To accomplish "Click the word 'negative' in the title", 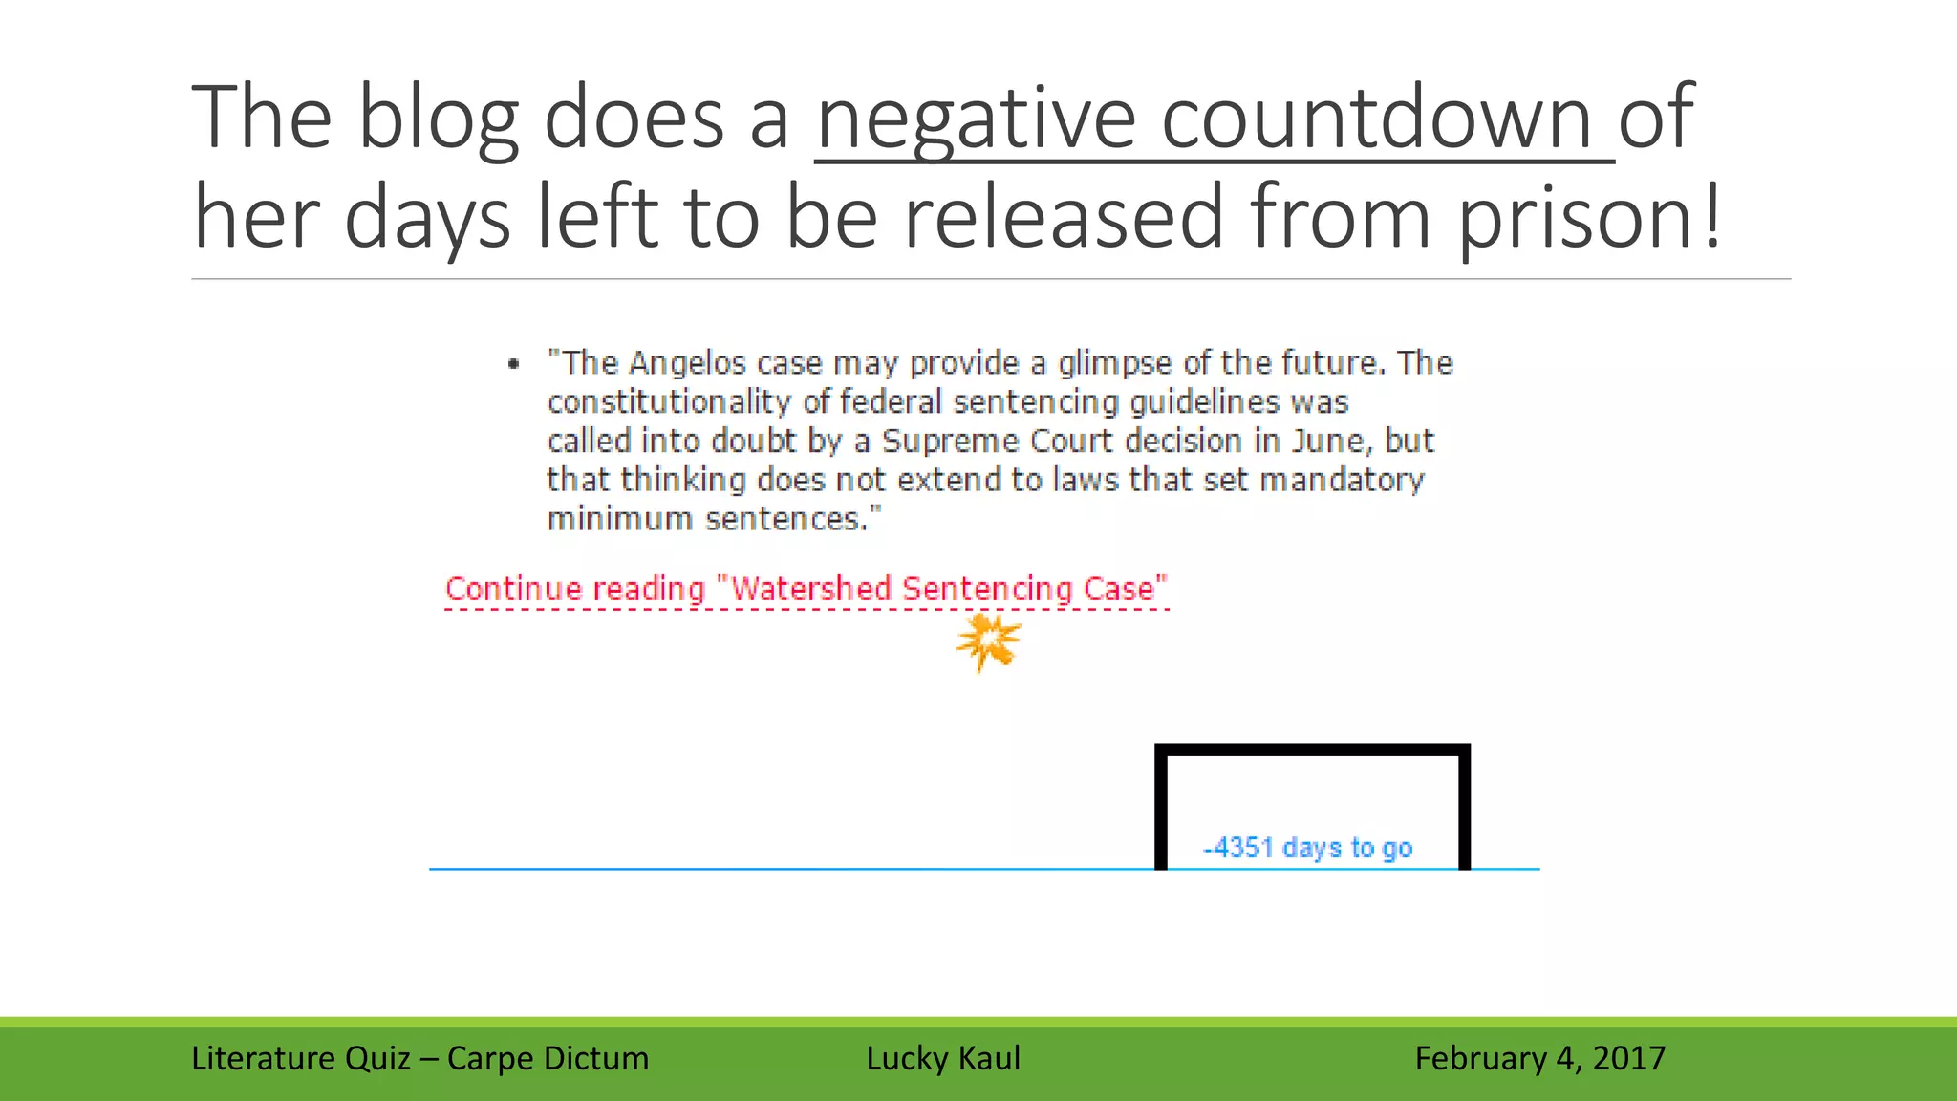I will [976, 119].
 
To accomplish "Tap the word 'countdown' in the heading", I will [1377, 119].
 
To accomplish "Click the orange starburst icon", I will [988, 641].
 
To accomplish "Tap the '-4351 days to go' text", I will [1307, 848].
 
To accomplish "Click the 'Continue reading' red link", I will [575, 589].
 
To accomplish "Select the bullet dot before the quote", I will [514, 363].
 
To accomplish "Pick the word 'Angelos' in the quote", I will [687, 363].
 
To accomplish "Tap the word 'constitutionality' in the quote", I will [669, 402].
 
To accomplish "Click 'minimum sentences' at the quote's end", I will [712, 519].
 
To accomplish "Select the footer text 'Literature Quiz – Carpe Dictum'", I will [419, 1058].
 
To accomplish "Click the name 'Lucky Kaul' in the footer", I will [943, 1058].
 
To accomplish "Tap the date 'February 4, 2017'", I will [1539, 1058].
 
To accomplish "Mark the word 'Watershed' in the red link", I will [811, 589].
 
